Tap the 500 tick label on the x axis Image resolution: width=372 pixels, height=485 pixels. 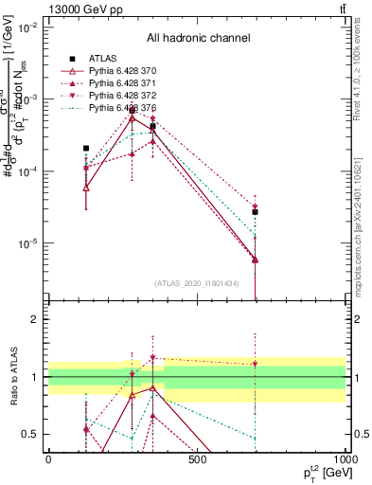pos(197,458)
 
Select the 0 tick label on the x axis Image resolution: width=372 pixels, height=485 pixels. pos(49,458)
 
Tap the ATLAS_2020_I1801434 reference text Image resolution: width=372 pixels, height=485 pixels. pos(196,283)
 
